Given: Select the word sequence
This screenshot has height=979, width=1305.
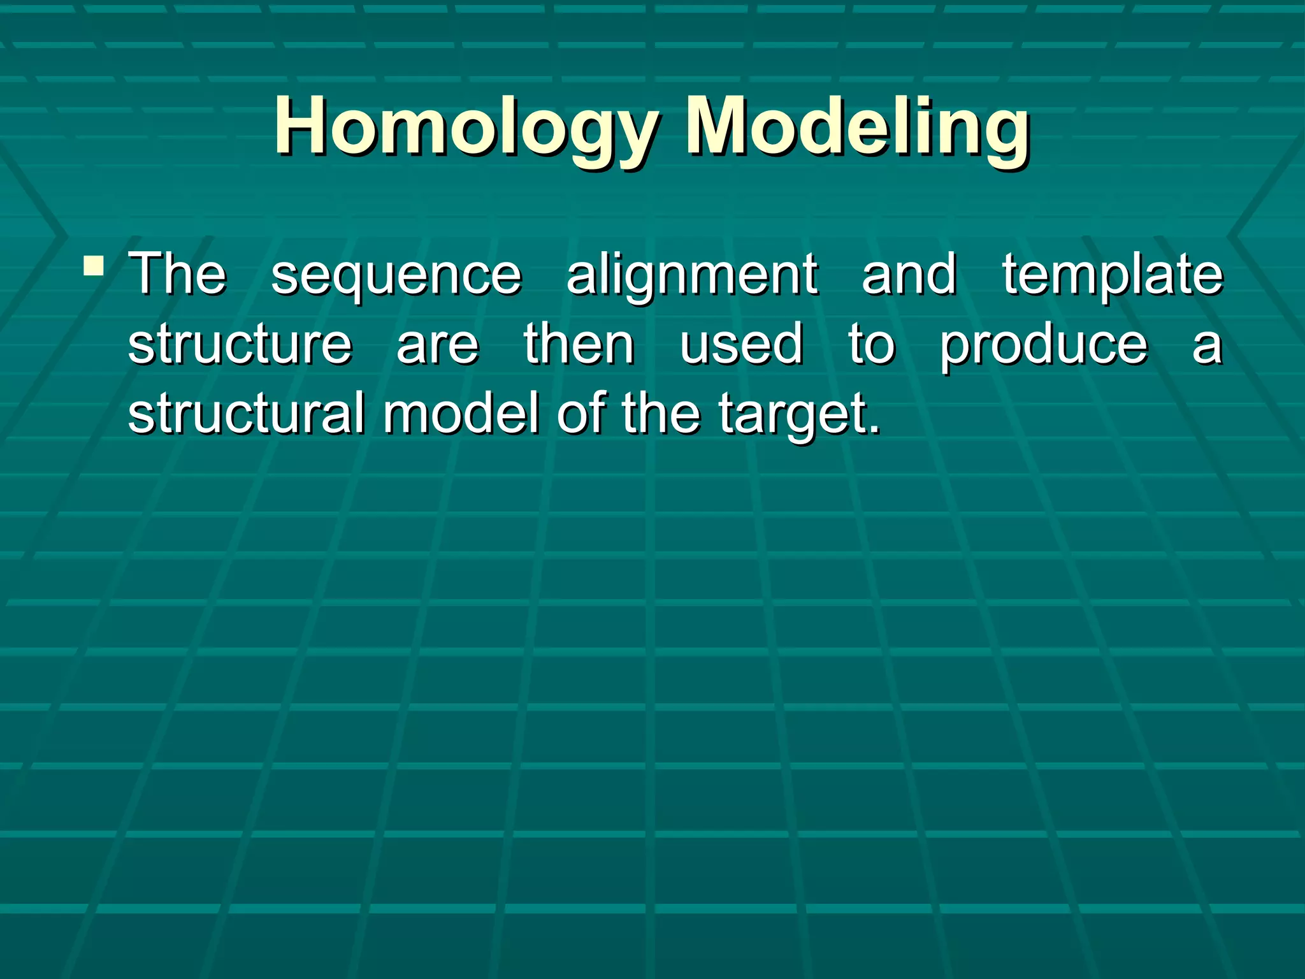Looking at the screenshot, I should coord(396,275).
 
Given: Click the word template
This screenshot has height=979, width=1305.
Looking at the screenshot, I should coord(1112,275).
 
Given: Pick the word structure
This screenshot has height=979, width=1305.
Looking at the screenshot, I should coord(240,344).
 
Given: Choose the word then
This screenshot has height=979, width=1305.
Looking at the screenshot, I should coord(579,344).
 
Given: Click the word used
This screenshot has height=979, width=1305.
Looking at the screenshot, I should coord(740,344).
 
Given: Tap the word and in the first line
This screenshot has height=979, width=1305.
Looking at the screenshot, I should coord(909,275).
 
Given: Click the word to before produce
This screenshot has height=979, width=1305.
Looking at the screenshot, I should coord(871,344).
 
